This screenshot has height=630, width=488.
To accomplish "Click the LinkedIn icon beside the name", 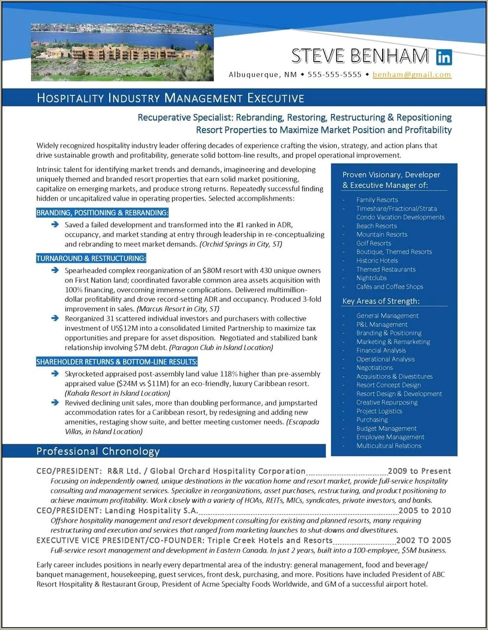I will (x=444, y=57).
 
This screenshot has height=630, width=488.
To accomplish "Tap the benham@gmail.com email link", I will (x=412, y=75).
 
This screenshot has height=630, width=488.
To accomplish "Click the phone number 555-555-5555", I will (x=334, y=75).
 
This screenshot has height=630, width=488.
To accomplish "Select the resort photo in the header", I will (x=122, y=52).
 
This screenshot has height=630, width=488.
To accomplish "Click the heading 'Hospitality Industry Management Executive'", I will (x=170, y=98).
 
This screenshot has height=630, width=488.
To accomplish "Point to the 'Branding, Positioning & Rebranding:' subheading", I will (x=102, y=213).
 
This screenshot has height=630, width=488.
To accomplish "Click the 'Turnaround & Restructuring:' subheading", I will (x=91, y=258).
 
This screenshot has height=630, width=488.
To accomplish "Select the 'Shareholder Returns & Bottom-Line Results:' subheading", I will (x=116, y=362).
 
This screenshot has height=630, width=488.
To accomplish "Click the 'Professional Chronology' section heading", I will (x=98, y=452).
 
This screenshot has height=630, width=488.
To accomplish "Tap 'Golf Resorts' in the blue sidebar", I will (x=374, y=243).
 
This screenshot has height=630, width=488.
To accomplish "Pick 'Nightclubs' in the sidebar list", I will (x=371, y=278).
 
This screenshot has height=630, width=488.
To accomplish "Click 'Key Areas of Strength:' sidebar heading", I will (x=381, y=301).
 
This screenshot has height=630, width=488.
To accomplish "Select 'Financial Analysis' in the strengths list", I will (x=381, y=350).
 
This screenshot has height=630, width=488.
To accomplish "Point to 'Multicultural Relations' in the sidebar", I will (x=389, y=446).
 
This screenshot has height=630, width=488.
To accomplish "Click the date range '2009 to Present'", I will (x=419, y=471).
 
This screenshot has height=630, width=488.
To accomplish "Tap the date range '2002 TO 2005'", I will (x=423, y=540).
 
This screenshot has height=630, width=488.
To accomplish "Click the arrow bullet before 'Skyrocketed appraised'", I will (x=55, y=374).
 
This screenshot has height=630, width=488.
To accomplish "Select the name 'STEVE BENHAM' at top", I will (x=360, y=56).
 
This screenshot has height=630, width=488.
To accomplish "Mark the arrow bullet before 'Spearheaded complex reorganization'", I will (x=55, y=270).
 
